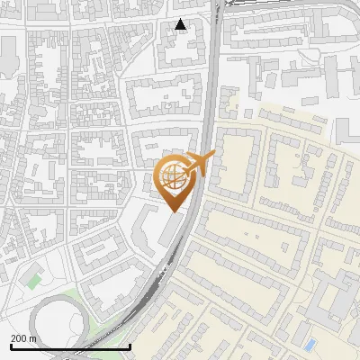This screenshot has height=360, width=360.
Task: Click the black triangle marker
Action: coord(182,25)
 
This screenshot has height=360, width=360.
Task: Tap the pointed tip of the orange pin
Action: coord(173,211)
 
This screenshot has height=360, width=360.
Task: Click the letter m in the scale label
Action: coord(34,337)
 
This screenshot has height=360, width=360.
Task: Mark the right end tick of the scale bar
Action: coord(130,346)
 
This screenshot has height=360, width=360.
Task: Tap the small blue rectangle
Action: coord(310,344)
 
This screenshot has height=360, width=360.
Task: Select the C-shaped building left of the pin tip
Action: coord(144,230)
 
